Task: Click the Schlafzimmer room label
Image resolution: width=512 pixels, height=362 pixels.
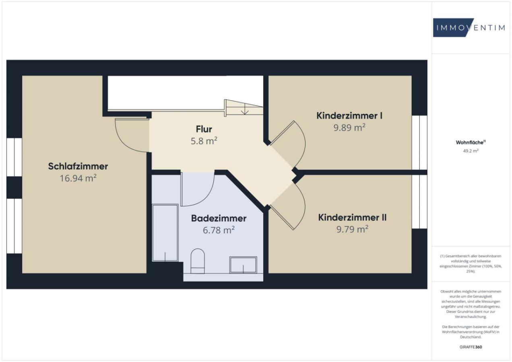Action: (x=78, y=166)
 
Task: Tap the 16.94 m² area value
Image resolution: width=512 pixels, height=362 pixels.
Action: (x=78, y=178)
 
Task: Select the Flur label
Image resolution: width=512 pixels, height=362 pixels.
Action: (x=204, y=129)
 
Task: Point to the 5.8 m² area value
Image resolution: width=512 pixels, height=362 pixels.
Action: (x=204, y=141)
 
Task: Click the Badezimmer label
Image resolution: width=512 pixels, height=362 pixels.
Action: (x=219, y=218)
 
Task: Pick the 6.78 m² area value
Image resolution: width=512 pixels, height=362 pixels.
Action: (x=219, y=230)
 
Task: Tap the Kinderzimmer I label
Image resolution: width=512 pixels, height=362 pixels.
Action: (x=349, y=116)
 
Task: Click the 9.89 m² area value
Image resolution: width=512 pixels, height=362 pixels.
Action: (x=349, y=128)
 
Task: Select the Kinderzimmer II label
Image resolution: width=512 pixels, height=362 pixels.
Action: (x=352, y=218)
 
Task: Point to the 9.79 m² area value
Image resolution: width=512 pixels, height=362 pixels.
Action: (x=352, y=229)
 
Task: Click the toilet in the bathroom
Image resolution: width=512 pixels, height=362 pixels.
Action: (x=198, y=261)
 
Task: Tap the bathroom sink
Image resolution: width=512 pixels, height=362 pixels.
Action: (x=243, y=265)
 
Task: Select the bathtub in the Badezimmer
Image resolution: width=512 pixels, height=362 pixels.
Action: (x=165, y=233)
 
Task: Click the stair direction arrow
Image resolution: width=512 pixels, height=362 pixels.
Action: (x=245, y=109)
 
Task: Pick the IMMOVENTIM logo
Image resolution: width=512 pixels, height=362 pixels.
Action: (x=469, y=28)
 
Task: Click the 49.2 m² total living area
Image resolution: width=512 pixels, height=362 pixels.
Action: (x=471, y=151)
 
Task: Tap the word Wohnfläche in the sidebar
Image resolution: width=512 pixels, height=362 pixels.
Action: (x=470, y=142)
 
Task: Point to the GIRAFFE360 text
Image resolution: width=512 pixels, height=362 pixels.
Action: (x=471, y=347)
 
